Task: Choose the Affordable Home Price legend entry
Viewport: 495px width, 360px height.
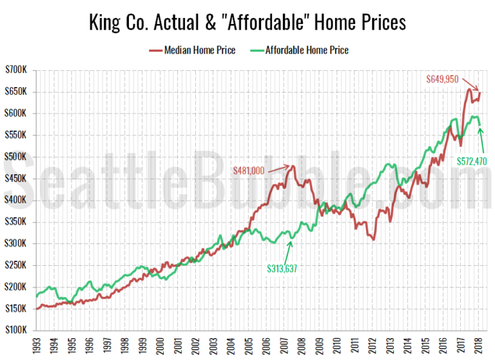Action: click(307, 50)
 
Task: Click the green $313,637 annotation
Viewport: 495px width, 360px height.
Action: click(286, 267)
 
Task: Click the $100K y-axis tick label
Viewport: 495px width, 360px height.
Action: click(17, 331)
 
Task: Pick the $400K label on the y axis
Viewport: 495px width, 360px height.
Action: click(17, 201)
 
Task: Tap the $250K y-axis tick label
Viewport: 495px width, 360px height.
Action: click(17, 266)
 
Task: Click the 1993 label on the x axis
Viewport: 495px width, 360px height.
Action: click(37, 345)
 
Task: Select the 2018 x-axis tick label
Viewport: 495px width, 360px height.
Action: click(481, 345)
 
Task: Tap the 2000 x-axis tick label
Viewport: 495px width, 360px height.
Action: click(161, 345)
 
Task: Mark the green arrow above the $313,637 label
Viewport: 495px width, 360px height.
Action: click(291, 250)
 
